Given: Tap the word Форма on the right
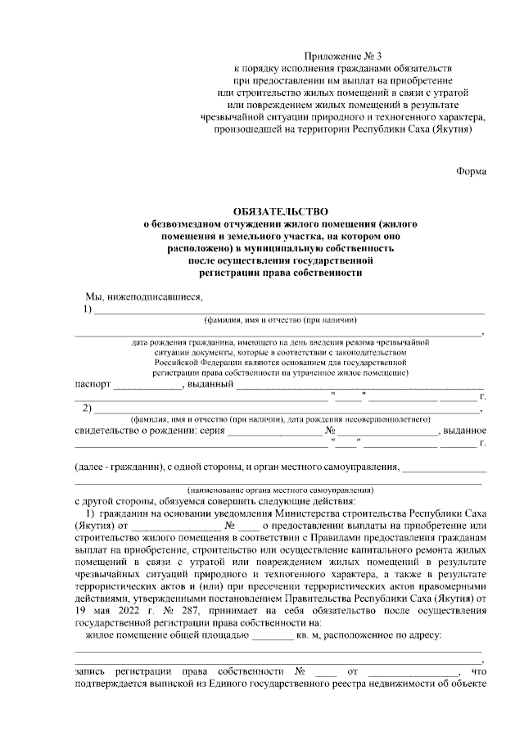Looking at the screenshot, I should tap(471, 171).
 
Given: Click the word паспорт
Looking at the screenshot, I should tap(93, 383).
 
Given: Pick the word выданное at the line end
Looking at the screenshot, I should tap(466, 430).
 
